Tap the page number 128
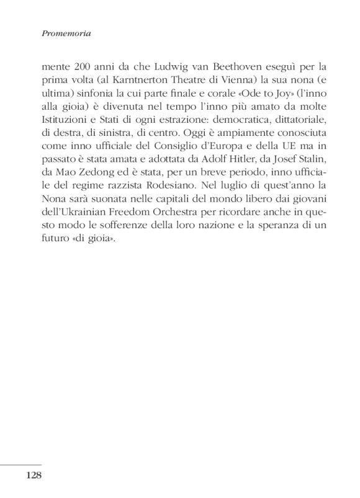click(33, 476)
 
